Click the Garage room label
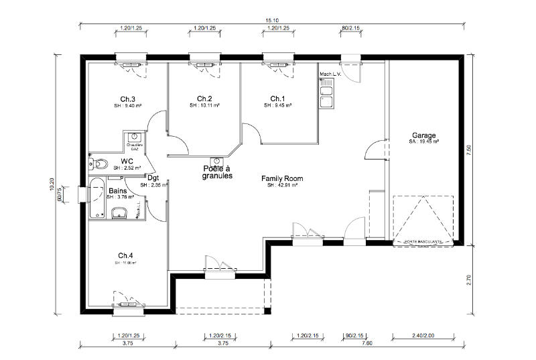point(424,135)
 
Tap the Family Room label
point(282,178)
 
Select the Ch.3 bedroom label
point(128,99)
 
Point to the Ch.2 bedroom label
point(204,99)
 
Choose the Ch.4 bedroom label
point(126,255)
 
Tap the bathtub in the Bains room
point(96,198)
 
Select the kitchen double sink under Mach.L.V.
point(328,96)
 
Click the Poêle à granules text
point(217,172)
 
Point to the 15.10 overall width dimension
point(272,21)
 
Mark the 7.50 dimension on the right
point(469,150)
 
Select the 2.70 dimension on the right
point(469,280)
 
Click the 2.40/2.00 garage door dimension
point(424,335)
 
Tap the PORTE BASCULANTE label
point(423,241)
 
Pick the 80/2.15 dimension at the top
point(351,28)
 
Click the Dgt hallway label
point(153,178)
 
